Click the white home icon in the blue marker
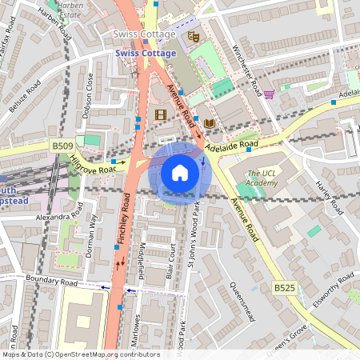[180, 173]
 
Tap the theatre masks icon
[193, 36]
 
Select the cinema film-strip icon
[160, 114]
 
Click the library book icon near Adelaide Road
[209, 123]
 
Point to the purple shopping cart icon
[269, 94]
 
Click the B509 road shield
[62, 146]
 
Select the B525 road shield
[284, 287]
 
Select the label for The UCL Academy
[262, 178]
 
